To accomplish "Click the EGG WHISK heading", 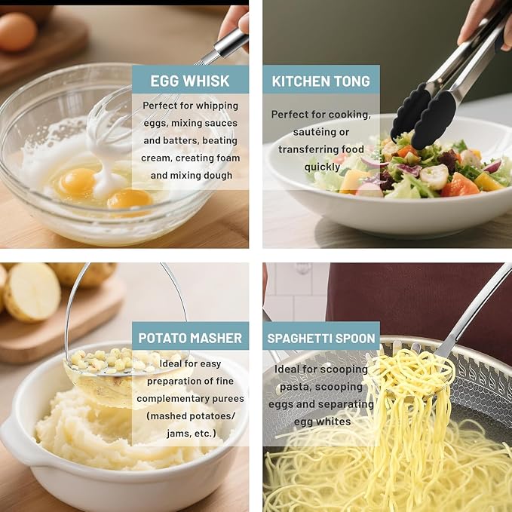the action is click(190, 81).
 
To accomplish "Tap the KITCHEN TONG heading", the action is click(321, 81).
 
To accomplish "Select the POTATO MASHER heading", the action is click(190, 338).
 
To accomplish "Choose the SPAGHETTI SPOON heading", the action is click(321, 339).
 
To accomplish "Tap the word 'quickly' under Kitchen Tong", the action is click(322, 167).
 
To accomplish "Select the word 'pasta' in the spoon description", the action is click(294, 387).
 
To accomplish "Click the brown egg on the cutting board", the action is click(17, 32).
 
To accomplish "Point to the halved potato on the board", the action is click(32, 293).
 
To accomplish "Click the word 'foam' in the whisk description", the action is click(225, 158).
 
